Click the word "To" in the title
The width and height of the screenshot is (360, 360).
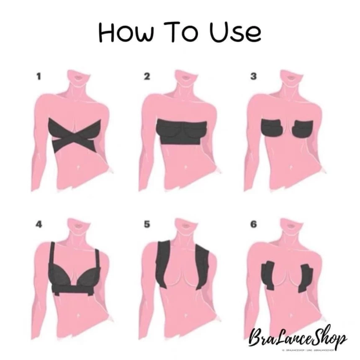point(180,32)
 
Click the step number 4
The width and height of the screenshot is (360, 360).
point(39,224)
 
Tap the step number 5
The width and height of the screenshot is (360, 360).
point(147,224)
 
